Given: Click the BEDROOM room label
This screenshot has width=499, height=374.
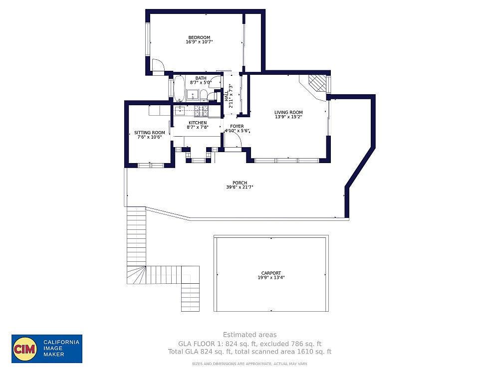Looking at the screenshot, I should click(x=199, y=37).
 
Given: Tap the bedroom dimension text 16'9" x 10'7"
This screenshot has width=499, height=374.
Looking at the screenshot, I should click(x=199, y=42).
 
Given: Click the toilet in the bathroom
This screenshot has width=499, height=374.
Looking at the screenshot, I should click(x=204, y=95).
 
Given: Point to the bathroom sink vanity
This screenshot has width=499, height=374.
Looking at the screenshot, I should click(x=192, y=94).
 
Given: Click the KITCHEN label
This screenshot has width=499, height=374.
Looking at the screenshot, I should click(x=198, y=123).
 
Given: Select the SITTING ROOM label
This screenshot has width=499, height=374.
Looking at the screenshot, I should click(x=149, y=133).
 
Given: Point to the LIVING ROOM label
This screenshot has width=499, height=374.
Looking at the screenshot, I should click(x=288, y=112).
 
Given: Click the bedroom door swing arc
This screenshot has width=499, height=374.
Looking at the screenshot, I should click(x=158, y=66).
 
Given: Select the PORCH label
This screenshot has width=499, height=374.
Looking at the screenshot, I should click(x=240, y=183).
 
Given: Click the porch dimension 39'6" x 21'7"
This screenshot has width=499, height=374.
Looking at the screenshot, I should click(x=240, y=188).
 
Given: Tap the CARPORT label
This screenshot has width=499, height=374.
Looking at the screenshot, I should click(x=271, y=273).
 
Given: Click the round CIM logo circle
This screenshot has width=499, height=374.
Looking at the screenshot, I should click(x=24, y=349).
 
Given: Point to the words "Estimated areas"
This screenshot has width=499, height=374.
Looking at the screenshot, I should click(x=249, y=335).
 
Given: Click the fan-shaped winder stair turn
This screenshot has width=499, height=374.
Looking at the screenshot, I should click(x=137, y=275).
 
